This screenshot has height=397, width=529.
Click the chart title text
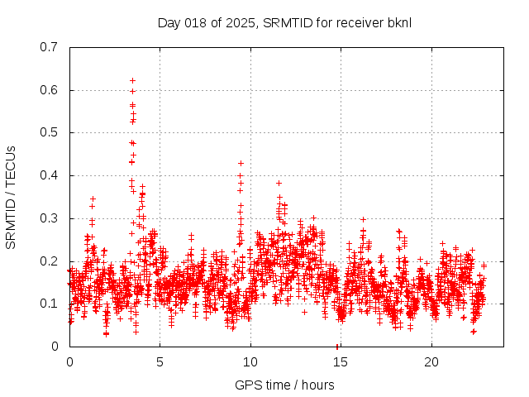(x=284, y=22)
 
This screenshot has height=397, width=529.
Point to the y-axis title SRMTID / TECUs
(x=12, y=196)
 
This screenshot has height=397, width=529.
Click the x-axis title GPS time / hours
(x=284, y=385)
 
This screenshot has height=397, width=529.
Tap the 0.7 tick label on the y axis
(x=50, y=47)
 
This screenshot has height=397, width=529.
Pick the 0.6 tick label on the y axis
(x=50, y=90)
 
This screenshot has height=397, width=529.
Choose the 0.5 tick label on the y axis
(x=50, y=132)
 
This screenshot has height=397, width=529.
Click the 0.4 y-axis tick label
(x=50, y=175)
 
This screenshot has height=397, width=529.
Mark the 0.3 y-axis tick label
(x=50, y=218)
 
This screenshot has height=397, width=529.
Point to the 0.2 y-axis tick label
(x=50, y=261)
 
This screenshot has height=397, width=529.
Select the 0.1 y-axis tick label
(x=50, y=304)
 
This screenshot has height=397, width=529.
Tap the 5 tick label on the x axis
(x=160, y=362)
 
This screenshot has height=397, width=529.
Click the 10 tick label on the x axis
(x=250, y=362)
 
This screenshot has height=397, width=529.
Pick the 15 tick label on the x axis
(x=341, y=362)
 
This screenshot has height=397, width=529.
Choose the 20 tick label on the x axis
(x=431, y=362)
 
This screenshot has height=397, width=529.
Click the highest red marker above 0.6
(x=132, y=80)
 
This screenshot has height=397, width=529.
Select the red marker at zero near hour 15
(x=337, y=346)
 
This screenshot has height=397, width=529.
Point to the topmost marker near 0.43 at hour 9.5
(x=241, y=163)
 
